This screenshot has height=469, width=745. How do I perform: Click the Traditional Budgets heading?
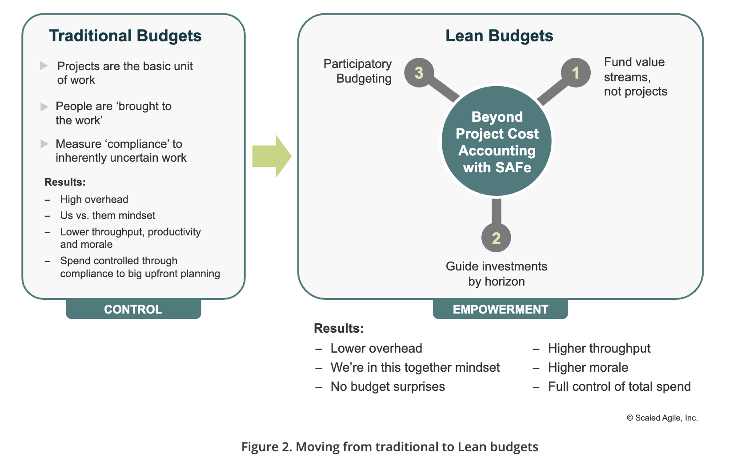pyautogui.click(x=125, y=36)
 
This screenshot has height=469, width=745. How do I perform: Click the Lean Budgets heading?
pyautogui.click(x=499, y=36)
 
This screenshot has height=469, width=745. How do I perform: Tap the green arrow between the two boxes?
pyautogui.click(x=272, y=156)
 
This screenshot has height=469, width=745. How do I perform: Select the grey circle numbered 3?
pyautogui.click(x=419, y=73)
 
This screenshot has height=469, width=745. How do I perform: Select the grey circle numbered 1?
pyautogui.click(x=576, y=73)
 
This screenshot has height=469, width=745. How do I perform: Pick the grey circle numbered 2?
pyautogui.click(x=496, y=238)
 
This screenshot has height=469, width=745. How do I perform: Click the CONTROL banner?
pyautogui.click(x=133, y=309)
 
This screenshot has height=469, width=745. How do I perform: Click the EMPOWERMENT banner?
pyautogui.click(x=500, y=309)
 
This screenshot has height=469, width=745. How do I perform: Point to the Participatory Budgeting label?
pyautogui.click(x=357, y=71)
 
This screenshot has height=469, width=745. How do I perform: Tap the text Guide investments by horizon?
pyautogui.click(x=496, y=274)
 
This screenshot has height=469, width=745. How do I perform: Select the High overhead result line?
pyautogui.click(x=94, y=199)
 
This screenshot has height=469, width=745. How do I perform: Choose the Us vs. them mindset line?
pyautogui.click(x=108, y=215)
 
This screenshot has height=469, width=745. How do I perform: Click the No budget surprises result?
pyautogui.click(x=388, y=386)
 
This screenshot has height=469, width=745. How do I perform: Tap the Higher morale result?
pyautogui.click(x=588, y=368)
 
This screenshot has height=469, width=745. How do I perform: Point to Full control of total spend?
pyautogui.click(x=619, y=386)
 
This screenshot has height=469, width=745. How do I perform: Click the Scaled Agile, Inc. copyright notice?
pyautogui.click(x=662, y=418)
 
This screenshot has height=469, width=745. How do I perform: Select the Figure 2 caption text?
pyautogui.click(x=389, y=447)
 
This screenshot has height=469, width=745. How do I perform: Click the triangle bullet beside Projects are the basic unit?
pyautogui.click(x=44, y=65)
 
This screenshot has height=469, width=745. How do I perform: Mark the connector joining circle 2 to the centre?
pyautogui.click(x=496, y=211)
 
